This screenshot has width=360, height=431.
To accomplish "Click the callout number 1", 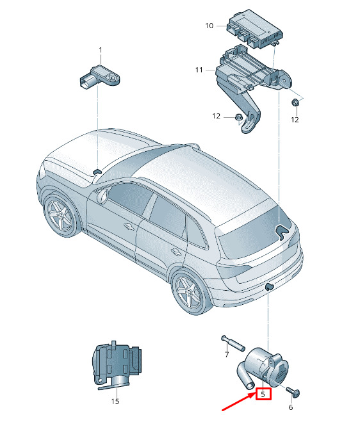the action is pyautogui.click(x=101, y=51).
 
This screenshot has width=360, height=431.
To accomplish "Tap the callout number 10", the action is pyautogui.click(x=209, y=26).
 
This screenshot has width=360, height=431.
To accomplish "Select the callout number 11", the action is pyautogui.click(x=199, y=70).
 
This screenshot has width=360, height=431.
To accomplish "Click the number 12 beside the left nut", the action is pyautogui.click(x=216, y=117).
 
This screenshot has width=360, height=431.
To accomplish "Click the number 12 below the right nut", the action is pyautogui.click(x=295, y=120).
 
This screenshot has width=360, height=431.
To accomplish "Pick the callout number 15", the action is pyautogui.click(x=115, y=402).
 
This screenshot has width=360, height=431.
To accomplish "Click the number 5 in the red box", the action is pyautogui.click(x=263, y=394).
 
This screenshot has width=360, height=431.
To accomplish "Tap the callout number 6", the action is pyautogui.click(x=291, y=407).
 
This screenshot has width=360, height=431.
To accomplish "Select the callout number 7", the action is pyautogui.click(x=227, y=355).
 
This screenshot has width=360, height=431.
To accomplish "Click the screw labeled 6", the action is pyautogui.click(x=293, y=392).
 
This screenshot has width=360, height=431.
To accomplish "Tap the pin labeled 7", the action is pyautogui.click(x=233, y=343).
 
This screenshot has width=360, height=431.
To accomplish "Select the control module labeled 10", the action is pyautogui.click(x=254, y=28).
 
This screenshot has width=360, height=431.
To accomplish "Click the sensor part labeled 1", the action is pyautogui.click(x=100, y=77).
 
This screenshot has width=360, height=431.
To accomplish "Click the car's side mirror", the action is pyautogui.click(x=102, y=195).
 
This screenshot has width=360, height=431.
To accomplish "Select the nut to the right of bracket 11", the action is pyautogui.click(x=295, y=103).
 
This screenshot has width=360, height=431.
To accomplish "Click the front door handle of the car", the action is pyautogui.click(x=129, y=226).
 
